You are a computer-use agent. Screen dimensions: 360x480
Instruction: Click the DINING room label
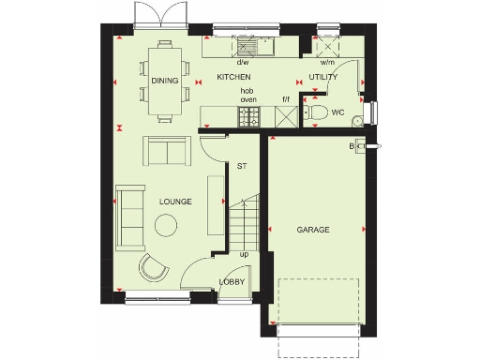pyautogui.click(x=164, y=81)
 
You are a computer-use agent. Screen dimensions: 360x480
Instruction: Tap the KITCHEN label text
pyautogui.click(x=233, y=76)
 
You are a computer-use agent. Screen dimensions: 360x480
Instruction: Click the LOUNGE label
pyautogui.click(x=175, y=202)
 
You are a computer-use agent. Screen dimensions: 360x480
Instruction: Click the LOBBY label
pyautogui.click(x=232, y=281)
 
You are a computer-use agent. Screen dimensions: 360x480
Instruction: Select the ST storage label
pyautogui.click(x=241, y=166)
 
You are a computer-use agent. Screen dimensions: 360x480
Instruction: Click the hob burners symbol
pyautogui.click(x=250, y=116)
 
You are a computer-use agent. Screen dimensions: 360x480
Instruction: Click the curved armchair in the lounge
pyautogui.click(x=152, y=267)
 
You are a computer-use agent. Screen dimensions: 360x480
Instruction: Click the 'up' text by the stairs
pyautogui.click(x=244, y=253)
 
